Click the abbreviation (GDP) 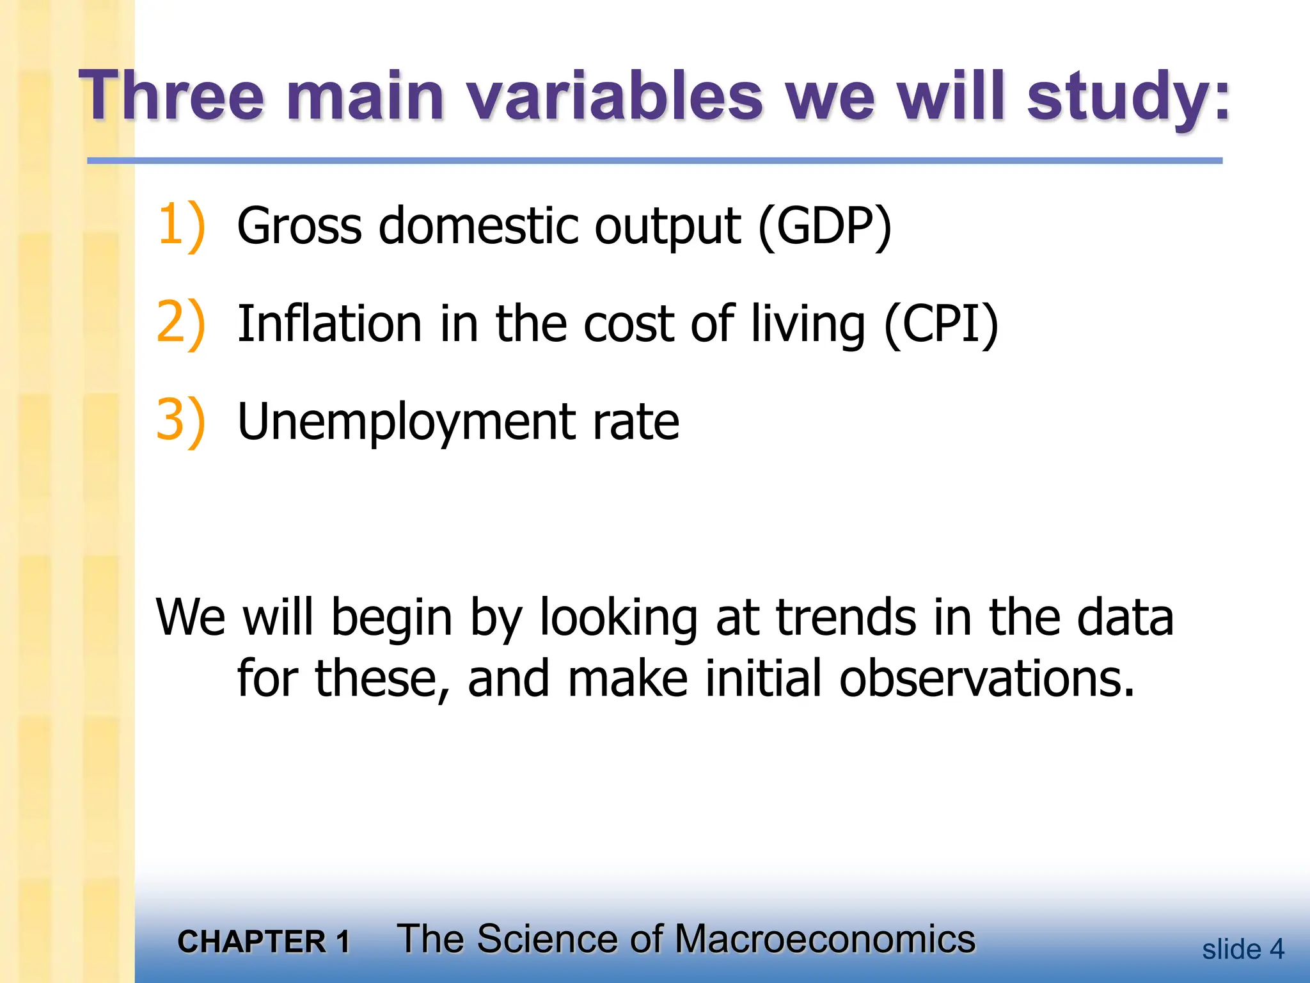(x=825, y=227)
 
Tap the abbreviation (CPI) (x=940, y=324)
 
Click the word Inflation (x=329, y=324)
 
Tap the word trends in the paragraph (x=846, y=618)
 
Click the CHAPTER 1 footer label (x=264, y=942)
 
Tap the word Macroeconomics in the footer (x=825, y=939)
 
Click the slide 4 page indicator (x=1242, y=949)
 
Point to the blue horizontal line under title (x=654, y=161)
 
